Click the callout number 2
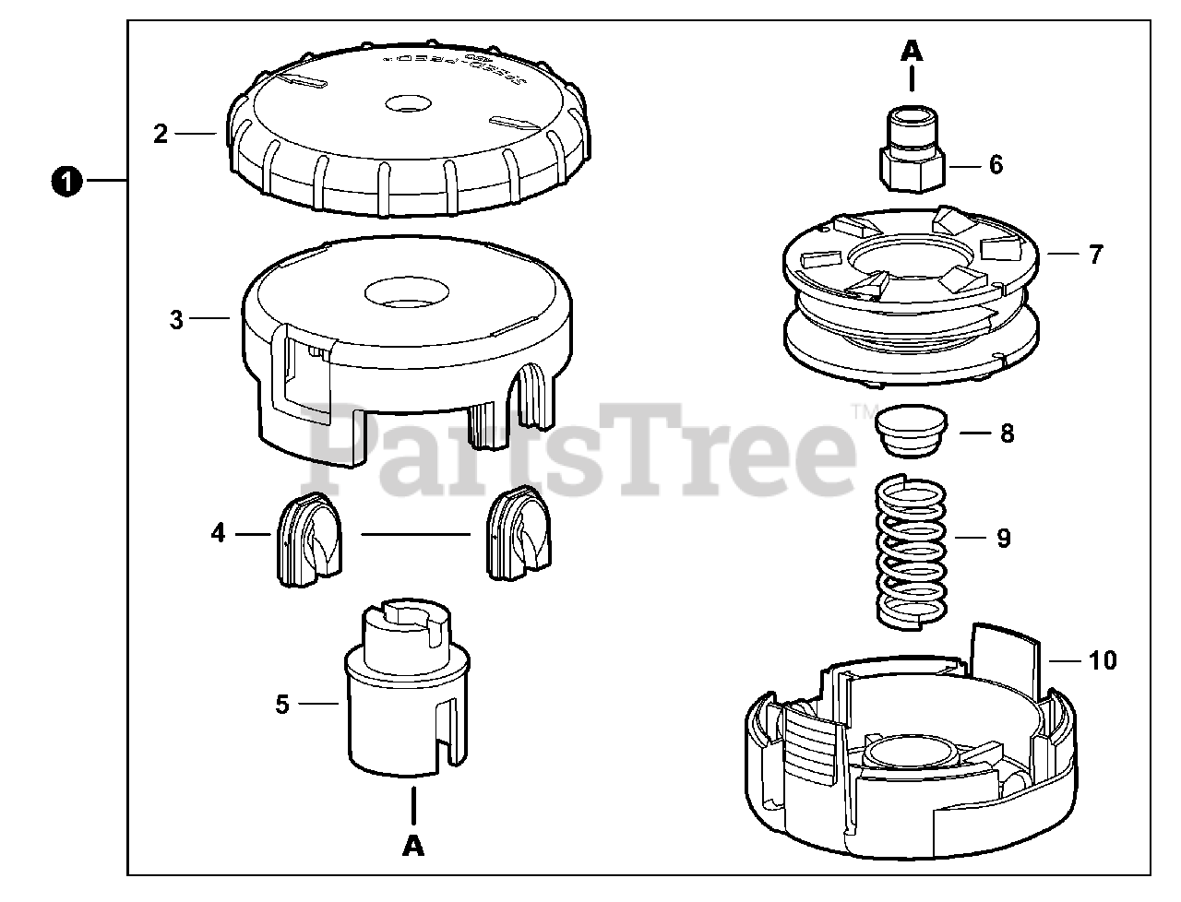coord(161,135)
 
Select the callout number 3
coord(177,320)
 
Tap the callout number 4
coord(218,533)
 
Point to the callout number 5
coord(282,705)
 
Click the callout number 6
coord(996,165)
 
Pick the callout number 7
coord(1095,254)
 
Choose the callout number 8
coord(1007,433)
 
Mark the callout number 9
coord(1004,538)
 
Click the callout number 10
coord(1103,660)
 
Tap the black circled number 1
coord(66,182)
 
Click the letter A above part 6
coord(912,51)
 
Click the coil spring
coord(911,553)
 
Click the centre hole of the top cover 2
coord(409,102)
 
